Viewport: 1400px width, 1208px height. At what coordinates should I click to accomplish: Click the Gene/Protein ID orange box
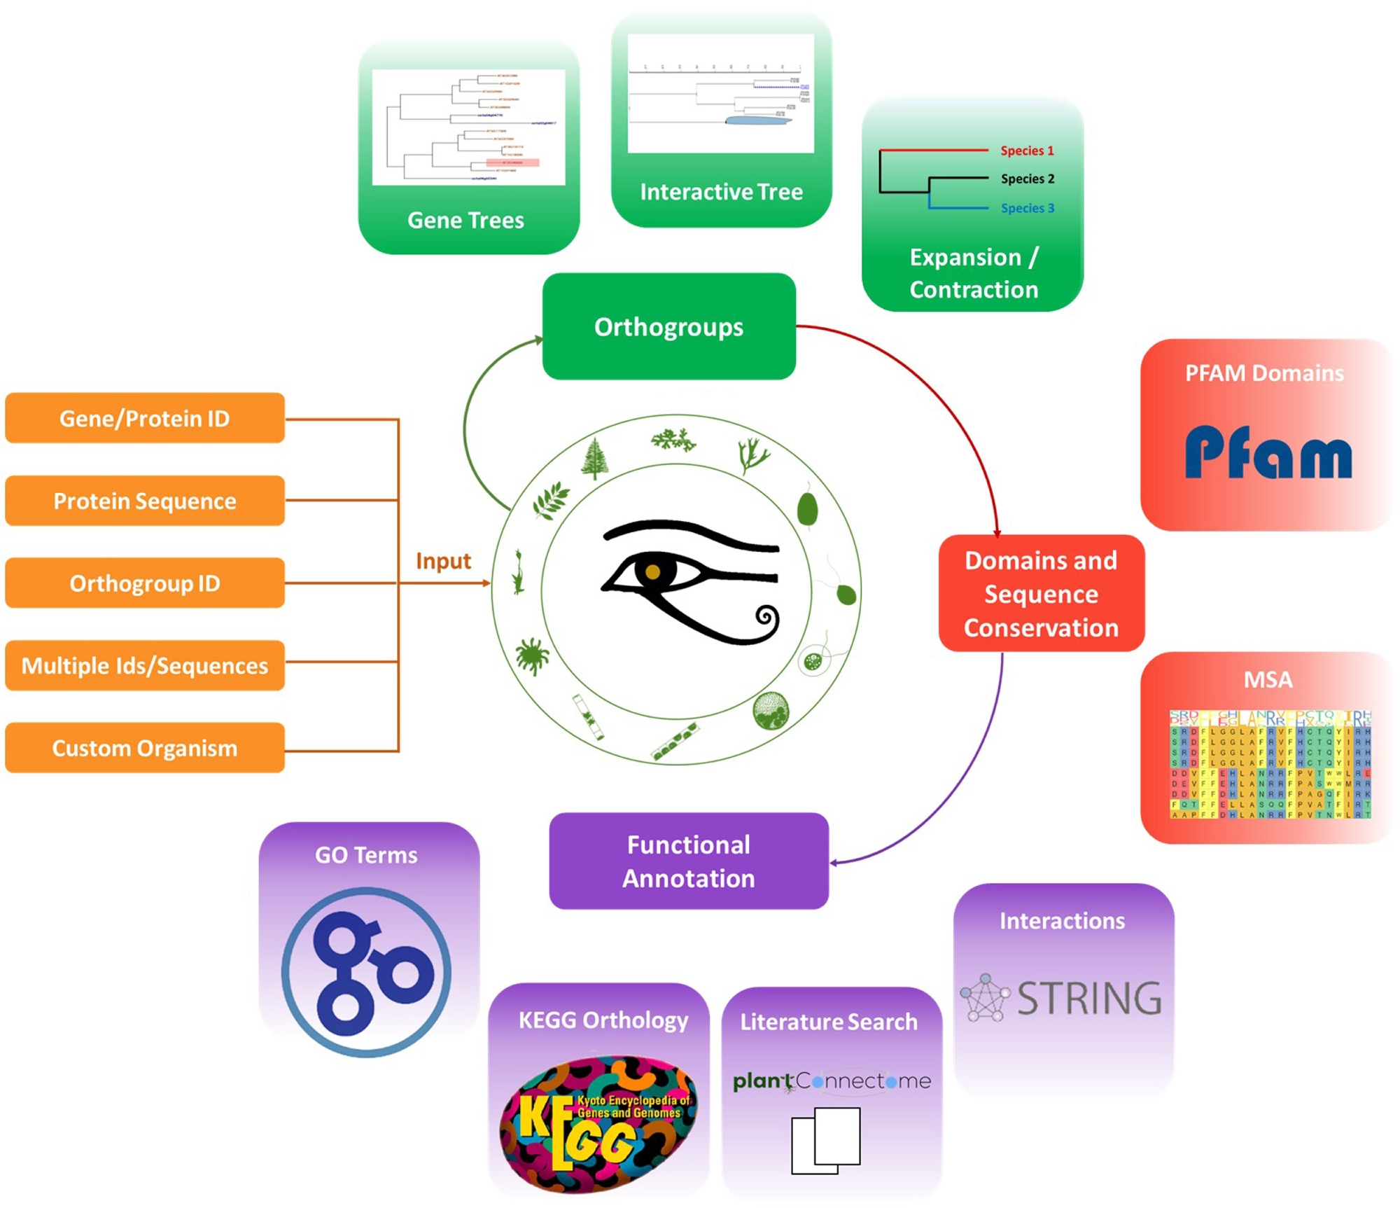click(144, 418)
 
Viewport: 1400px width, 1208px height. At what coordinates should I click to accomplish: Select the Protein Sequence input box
click(144, 501)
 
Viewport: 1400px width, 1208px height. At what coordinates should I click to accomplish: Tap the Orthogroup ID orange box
click(144, 583)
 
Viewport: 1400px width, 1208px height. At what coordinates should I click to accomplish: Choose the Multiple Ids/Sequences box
click(144, 665)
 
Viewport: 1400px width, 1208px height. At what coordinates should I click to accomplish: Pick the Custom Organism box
click(144, 748)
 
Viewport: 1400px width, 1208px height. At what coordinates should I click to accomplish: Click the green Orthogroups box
click(668, 326)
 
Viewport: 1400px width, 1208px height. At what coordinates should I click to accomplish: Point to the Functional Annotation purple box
click(689, 861)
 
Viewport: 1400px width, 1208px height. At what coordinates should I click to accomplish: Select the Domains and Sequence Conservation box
click(1041, 594)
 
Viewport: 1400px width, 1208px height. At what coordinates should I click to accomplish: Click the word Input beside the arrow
click(443, 561)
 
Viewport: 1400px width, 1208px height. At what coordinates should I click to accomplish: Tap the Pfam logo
click(1268, 453)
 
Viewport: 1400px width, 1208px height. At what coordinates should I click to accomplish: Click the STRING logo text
click(1088, 998)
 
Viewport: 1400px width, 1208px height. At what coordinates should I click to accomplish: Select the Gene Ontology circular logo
click(366, 972)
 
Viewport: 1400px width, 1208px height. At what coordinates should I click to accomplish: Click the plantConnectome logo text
click(832, 1081)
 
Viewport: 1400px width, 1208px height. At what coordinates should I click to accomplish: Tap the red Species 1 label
click(1026, 151)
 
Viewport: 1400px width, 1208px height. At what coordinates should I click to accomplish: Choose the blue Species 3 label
click(1027, 208)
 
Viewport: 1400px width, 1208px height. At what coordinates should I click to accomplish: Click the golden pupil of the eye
click(652, 572)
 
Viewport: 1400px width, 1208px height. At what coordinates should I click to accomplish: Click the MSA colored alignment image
click(1269, 764)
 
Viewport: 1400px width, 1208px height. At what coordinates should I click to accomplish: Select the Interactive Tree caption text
click(721, 192)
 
